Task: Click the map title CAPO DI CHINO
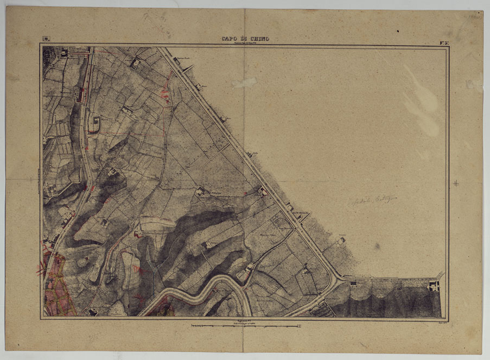[x=245, y=39]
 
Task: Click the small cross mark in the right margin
[x=456, y=184]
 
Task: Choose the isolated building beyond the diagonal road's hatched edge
[x=341, y=240]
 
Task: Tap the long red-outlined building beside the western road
[x=82, y=95]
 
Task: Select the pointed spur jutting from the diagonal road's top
[x=189, y=67]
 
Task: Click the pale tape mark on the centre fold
[x=245, y=83]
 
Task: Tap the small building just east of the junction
[x=354, y=282]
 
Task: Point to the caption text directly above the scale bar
[x=244, y=321]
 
